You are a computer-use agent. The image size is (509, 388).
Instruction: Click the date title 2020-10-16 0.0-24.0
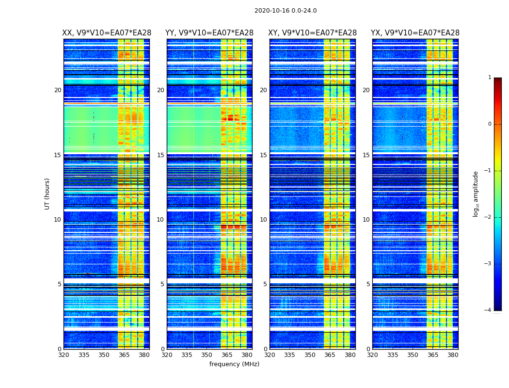click(x=286, y=11)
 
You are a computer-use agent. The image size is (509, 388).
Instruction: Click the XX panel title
click(x=107, y=33)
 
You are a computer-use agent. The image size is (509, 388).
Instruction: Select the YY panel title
click(x=209, y=33)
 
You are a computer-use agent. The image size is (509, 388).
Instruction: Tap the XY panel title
click(x=313, y=33)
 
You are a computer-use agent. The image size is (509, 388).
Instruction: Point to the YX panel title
click(x=415, y=33)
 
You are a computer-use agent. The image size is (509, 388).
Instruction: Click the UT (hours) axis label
click(x=48, y=194)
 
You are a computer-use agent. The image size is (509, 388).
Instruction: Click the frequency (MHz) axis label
click(x=234, y=364)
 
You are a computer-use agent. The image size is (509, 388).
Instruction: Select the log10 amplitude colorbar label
click(x=476, y=194)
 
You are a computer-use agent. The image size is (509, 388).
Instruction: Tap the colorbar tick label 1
click(x=490, y=78)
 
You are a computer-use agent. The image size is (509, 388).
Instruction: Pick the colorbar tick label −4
click(x=488, y=310)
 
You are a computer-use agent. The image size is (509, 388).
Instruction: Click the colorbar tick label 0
click(x=490, y=124)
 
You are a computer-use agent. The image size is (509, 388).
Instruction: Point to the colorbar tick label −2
click(x=488, y=217)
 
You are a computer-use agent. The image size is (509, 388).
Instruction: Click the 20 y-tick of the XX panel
click(x=58, y=90)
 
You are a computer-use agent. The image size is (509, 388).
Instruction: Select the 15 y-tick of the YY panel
click(x=160, y=155)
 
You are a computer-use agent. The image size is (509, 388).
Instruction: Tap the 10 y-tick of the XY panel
click(x=263, y=220)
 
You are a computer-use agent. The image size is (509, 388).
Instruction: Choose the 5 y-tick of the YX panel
click(x=368, y=284)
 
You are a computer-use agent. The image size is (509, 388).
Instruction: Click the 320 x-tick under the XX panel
click(x=64, y=355)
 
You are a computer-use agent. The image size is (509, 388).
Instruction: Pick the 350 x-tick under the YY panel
click(x=207, y=355)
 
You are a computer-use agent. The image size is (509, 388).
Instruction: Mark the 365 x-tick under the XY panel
click(x=330, y=355)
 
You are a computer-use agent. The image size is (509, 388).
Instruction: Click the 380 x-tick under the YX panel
click(x=453, y=355)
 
